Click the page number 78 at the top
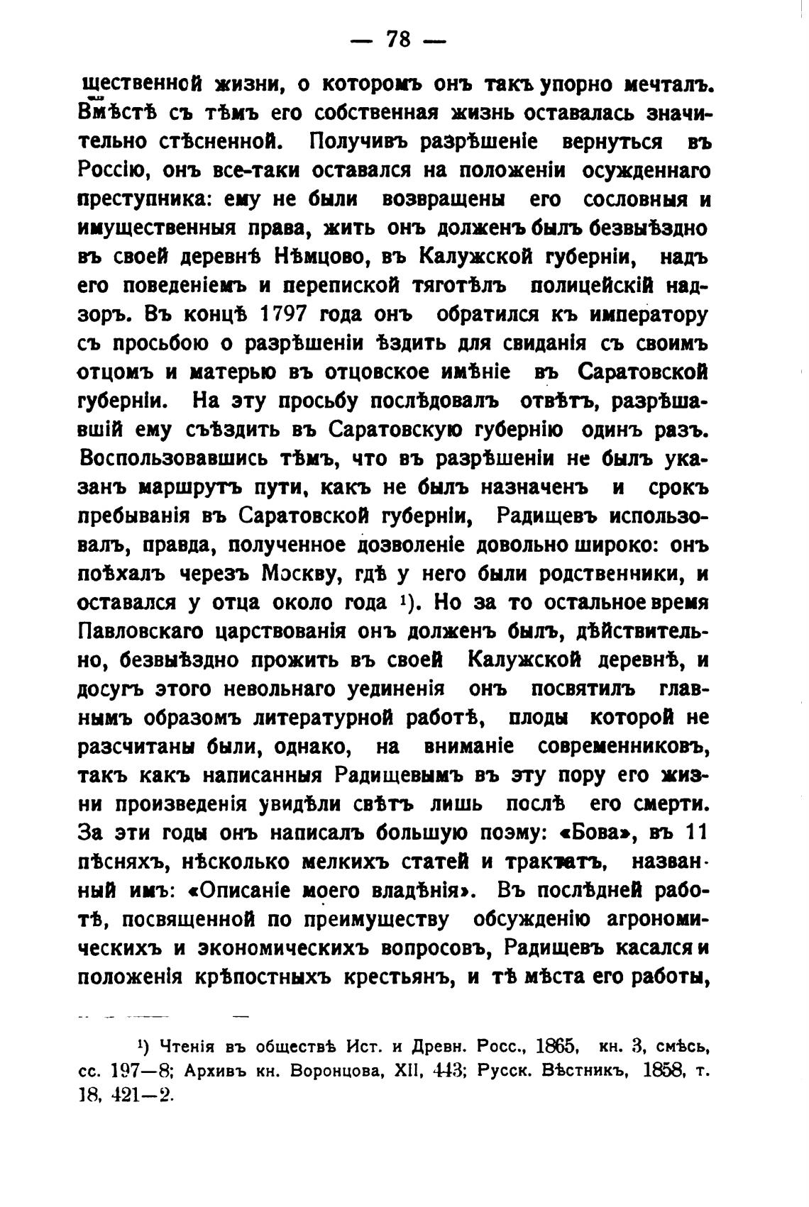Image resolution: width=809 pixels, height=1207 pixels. (x=398, y=40)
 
